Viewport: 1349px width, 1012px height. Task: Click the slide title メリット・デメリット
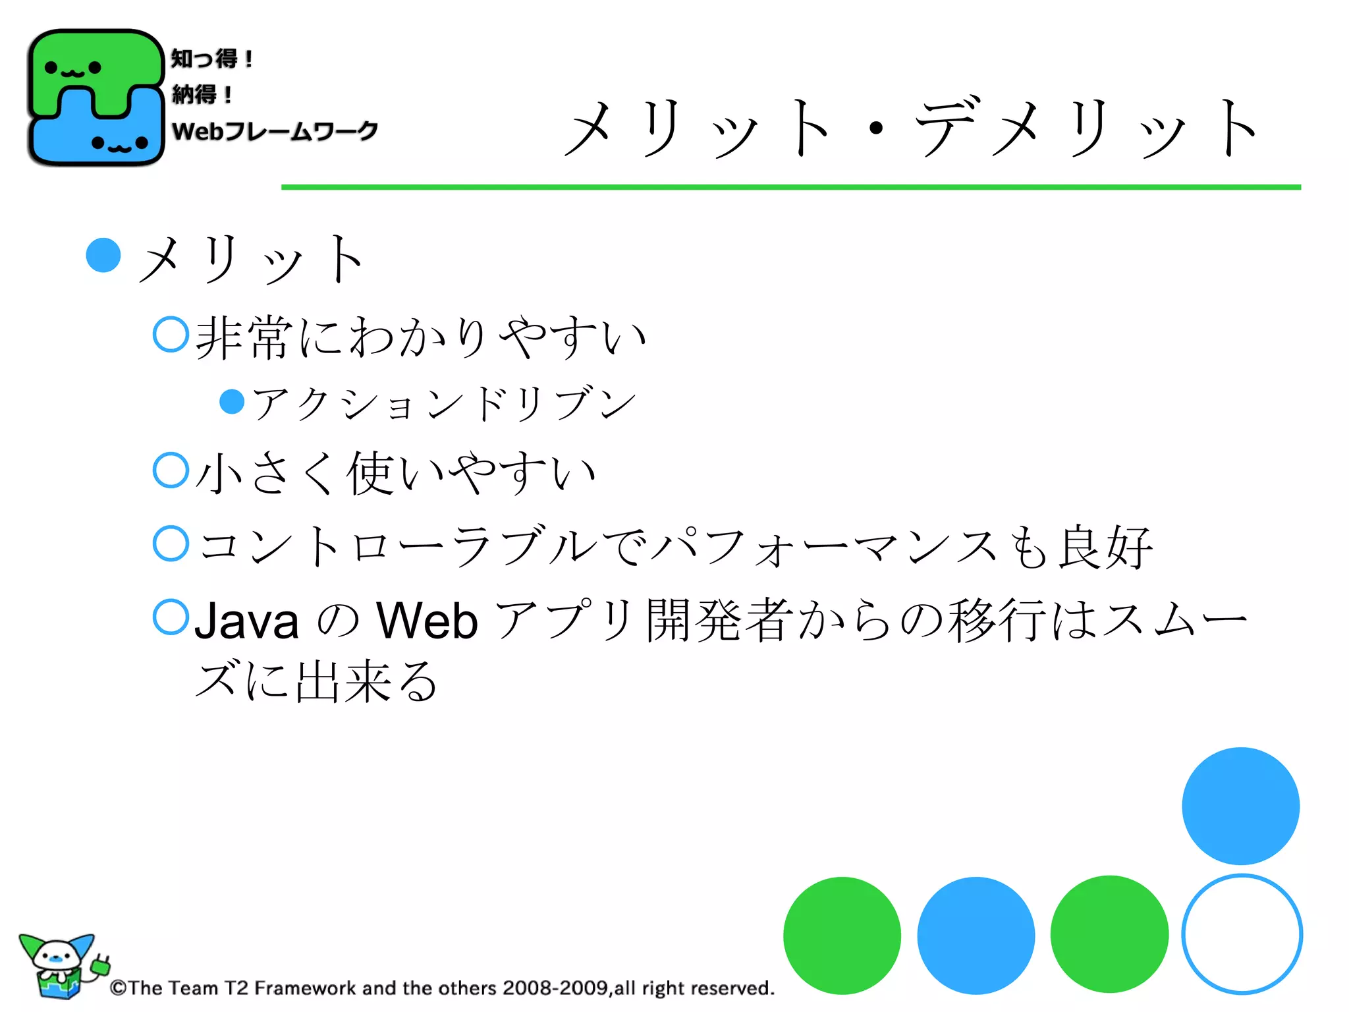[x=912, y=128]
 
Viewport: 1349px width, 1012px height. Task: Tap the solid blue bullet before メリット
[x=103, y=255]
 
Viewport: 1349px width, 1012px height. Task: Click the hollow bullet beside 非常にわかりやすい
[x=171, y=334]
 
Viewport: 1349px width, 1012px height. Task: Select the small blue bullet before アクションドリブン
[x=232, y=401]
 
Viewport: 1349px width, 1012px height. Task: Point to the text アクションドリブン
[x=445, y=403]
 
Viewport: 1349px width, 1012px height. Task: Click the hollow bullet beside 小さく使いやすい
[x=171, y=470]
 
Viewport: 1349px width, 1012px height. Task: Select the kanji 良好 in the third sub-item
[x=1105, y=547]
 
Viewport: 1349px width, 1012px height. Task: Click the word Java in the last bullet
[x=247, y=621]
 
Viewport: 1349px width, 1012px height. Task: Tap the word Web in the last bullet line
[x=427, y=621]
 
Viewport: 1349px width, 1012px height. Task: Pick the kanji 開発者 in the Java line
[x=720, y=621]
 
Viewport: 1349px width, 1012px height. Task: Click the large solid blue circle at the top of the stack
[x=1240, y=806]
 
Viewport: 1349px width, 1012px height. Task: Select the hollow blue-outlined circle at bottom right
[x=1242, y=934]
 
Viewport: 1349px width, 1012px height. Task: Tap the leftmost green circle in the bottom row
[x=842, y=935]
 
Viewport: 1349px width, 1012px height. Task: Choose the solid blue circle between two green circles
[x=976, y=935]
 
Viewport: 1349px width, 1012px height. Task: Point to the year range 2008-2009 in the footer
[x=555, y=988]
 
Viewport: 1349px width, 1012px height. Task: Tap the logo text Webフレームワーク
[x=275, y=131]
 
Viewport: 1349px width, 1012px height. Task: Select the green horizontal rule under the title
[x=790, y=187]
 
